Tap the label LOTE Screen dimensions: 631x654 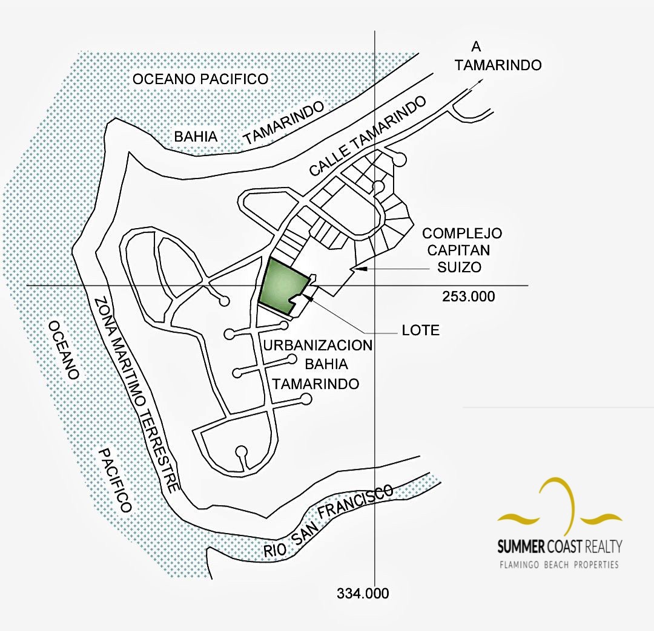pos(420,330)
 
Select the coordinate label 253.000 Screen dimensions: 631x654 pos(468,296)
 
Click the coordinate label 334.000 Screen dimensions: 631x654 pos(363,593)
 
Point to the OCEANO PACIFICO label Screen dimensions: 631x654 pos(200,79)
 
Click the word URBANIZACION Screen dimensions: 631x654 pos(319,345)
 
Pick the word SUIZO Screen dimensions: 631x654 pos(460,266)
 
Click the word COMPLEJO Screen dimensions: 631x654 pos(462,233)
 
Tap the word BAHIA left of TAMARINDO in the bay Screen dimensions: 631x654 pos(196,136)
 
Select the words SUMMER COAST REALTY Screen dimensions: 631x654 pos(560,547)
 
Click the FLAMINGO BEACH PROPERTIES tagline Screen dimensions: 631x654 pos(558,565)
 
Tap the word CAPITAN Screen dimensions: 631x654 pos(462,250)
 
